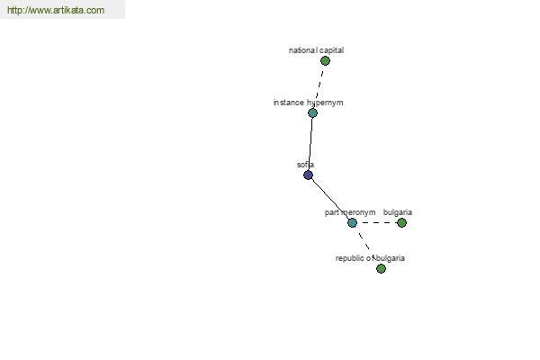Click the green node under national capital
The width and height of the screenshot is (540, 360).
coord(325,61)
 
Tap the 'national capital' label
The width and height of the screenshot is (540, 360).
coord(316,50)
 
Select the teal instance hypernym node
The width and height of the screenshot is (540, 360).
coord(312,113)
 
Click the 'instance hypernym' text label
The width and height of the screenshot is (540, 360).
coord(308,103)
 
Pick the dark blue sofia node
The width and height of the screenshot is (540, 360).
coord(308,175)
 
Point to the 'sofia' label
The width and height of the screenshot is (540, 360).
coord(305,165)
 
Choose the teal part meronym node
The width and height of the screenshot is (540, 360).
coord(352,223)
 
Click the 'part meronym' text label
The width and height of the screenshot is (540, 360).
coord(350,212)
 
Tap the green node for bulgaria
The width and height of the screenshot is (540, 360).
coord(401,223)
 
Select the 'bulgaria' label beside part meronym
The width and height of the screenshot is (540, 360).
coord(398,212)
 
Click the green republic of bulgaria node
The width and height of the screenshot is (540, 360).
coord(381,269)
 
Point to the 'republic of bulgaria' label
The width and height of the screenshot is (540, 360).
coord(370,258)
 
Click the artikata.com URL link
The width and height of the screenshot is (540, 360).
coord(56,10)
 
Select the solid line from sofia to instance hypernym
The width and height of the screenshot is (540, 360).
coord(310,144)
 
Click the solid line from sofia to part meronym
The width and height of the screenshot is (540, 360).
coord(330,199)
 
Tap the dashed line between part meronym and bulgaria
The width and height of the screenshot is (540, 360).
coord(377,223)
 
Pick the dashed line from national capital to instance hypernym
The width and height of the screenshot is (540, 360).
coord(319,86)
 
